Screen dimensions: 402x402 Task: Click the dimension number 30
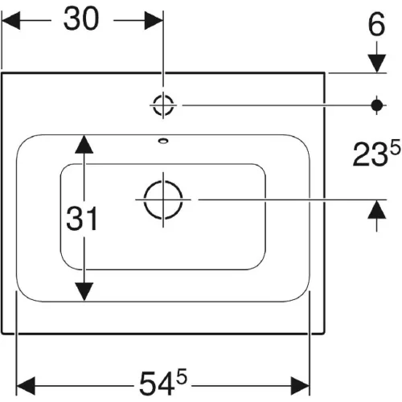click(x=81, y=18)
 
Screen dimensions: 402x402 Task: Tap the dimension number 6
click(x=376, y=24)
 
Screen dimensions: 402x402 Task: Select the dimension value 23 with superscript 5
click(x=376, y=154)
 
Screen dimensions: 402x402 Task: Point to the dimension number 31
click(x=82, y=219)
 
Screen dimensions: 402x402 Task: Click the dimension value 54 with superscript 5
click(x=163, y=382)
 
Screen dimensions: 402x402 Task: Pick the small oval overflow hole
click(x=163, y=141)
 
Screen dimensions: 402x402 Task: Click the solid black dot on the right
click(x=377, y=105)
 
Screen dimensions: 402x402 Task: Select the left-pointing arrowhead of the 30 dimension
click(x=10, y=20)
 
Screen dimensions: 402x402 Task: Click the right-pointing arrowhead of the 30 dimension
click(x=154, y=20)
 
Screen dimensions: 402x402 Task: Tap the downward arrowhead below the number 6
click(x=377, y=64)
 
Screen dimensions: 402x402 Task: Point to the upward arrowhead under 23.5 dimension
click(x=377, y=210)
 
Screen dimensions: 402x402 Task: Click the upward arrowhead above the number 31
click(x=84, y=144)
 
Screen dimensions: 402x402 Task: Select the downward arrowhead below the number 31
click(x=84, y=292)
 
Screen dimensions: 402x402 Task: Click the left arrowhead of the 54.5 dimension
click(x=26, y=386)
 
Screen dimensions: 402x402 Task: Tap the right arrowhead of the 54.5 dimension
click(x=300, y=386)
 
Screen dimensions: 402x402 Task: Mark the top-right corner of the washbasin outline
click(x=325, y=72)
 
